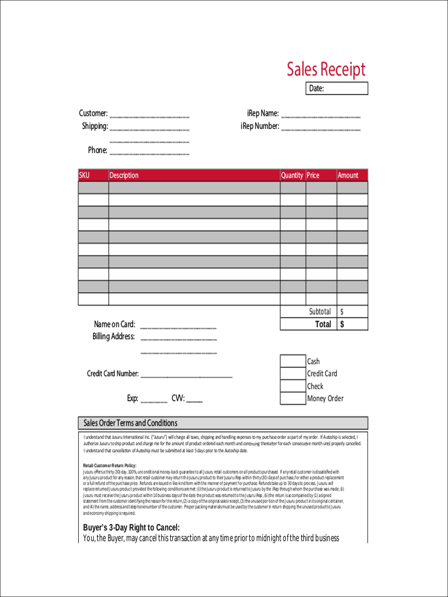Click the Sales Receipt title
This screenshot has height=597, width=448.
point(326,69)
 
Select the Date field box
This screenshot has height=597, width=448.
point(336,89)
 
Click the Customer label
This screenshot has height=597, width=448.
point(93,113)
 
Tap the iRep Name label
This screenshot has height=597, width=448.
point(263,113)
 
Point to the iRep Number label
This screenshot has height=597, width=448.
point(260,126)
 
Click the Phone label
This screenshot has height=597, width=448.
point(98,150)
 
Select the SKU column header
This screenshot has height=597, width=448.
point(84,175)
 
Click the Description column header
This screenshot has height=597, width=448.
point(124,175)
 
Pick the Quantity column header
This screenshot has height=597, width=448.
point(292,175)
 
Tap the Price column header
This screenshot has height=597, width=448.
point(313,175)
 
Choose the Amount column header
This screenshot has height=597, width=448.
point(348,175)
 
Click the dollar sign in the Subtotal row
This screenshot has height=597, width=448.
point(341,312)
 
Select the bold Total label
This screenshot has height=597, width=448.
point(323,324)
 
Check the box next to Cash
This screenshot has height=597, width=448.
point(293,361)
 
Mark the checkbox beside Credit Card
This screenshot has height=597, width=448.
point(293,374)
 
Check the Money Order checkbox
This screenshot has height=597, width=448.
point(293,398)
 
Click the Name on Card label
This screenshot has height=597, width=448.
point(114,324)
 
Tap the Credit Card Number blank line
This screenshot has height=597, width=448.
point(186,375)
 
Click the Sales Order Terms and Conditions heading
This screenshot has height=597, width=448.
point(130,423)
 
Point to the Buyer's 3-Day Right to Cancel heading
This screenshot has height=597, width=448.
point(131,527)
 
